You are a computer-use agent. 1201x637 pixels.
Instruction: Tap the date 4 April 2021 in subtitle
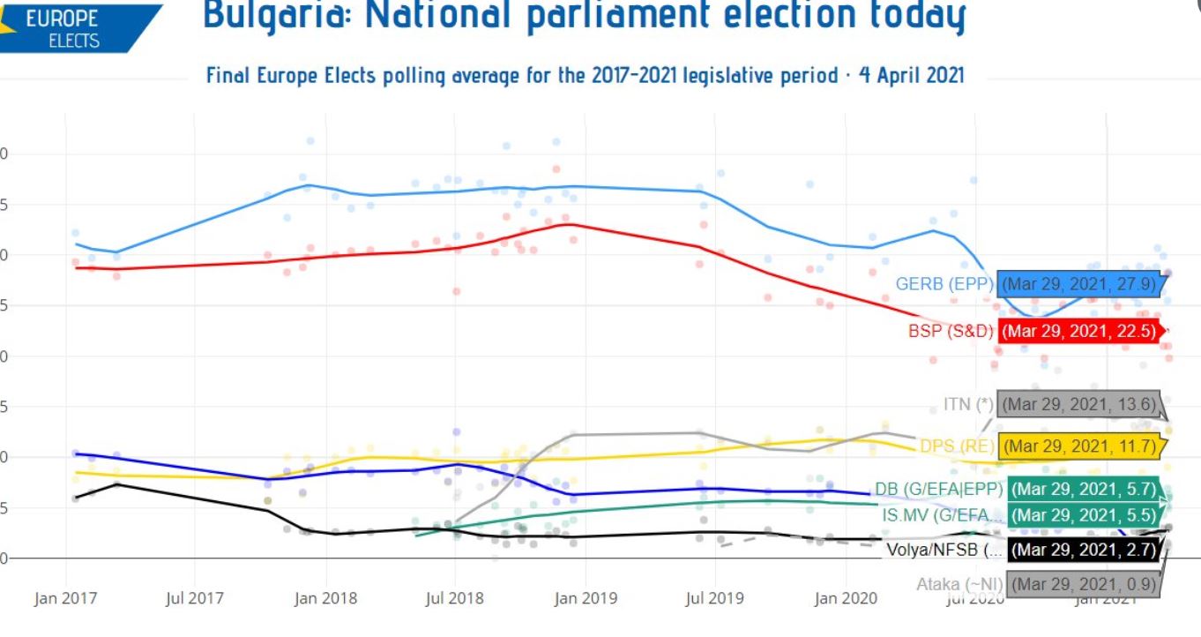pyautogui.click(x=912, y=75)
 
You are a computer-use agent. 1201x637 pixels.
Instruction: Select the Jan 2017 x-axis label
pyautogui.click(x=66, y=599)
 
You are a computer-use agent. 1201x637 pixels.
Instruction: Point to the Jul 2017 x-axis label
pyautogui.click(x=195, y=599)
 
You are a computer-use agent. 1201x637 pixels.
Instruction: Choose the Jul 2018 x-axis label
pyautogui.click(x=454, y=599)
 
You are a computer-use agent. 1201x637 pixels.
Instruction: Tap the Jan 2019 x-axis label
pyautogui.click(x=584, y=599)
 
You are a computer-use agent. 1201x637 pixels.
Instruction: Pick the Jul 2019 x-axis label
pyautogui.click(x=713, y=599)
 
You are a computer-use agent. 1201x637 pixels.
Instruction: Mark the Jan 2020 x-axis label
pyautogui.click(x=845, y=599)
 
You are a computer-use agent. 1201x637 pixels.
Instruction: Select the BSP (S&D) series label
pyautogui.click(x=951, y=332)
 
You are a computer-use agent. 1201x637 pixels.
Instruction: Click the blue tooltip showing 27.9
pyautogui.click(x=1080, y=284)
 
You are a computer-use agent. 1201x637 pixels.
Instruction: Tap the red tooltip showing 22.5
pyautogui.click(x=1080, y=332)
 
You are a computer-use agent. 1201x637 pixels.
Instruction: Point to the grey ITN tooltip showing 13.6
pyautogui.click(x=1078, y=405)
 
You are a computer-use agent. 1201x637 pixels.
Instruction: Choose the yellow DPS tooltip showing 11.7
pyautogui.click(x=1078, y=446)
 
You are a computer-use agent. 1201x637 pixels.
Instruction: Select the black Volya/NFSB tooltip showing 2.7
pyautogui.click(x=1082, y=551)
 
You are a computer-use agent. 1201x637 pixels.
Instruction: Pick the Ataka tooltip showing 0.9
pyautogui.click(x=1082, y=584)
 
